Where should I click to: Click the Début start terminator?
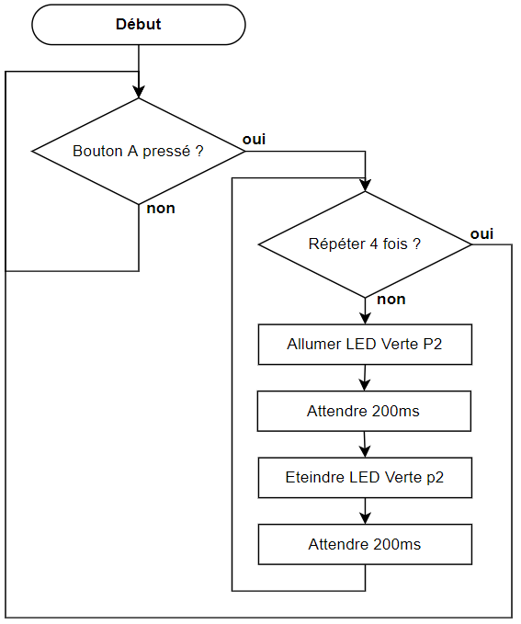(139, 25)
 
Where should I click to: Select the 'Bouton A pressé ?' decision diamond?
(139, 152)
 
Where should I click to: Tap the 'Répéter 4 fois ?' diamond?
(365, 244)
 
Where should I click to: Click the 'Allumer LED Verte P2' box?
(365, 345)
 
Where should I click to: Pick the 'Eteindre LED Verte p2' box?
(365, 478)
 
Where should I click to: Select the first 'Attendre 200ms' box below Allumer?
(364, 411)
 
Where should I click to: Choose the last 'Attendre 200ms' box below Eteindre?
(365, 544)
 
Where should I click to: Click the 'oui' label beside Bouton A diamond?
(254, 140)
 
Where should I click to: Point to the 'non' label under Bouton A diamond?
(161, 208)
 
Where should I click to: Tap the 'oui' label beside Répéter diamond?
(481, 234)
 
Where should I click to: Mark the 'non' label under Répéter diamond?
(391, 300)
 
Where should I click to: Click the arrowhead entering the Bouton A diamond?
(139, 92)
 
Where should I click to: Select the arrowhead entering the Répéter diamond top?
(365, 186)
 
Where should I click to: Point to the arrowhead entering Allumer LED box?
(365, 318)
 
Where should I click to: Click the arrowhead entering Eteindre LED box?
(365, 451)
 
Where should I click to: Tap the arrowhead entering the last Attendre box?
(365, 518)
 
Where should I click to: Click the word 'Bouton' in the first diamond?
(97, 152)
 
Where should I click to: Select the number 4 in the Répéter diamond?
(374, 244)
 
